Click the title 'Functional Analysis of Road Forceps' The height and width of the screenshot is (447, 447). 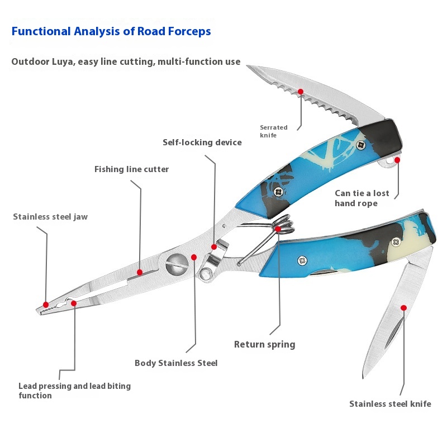click(111, 31)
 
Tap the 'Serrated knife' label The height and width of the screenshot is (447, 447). click(273, 131)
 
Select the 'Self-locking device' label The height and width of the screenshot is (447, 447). click(202, 142)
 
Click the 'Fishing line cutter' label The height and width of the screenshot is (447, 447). click(131, 169)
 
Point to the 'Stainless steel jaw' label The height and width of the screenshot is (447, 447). click(50, 217)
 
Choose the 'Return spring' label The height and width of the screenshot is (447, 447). click(264, 344)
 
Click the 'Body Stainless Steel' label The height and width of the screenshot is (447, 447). click(176, 363)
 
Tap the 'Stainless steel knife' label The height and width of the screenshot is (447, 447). click(390, 404)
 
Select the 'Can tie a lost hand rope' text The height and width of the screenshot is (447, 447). click(362, 198)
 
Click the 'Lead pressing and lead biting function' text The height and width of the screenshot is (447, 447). click(74, 391)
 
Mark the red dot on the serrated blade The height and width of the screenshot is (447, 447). click(301, 91)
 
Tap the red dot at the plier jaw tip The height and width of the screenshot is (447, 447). click(46, 305)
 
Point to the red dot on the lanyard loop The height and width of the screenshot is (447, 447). click(397, 159)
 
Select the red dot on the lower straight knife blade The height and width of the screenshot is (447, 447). click(403, 307)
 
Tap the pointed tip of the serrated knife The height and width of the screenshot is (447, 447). click(249, 68)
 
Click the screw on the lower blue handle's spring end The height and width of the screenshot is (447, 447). click(302, 260)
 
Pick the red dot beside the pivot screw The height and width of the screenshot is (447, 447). click(194, 257)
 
